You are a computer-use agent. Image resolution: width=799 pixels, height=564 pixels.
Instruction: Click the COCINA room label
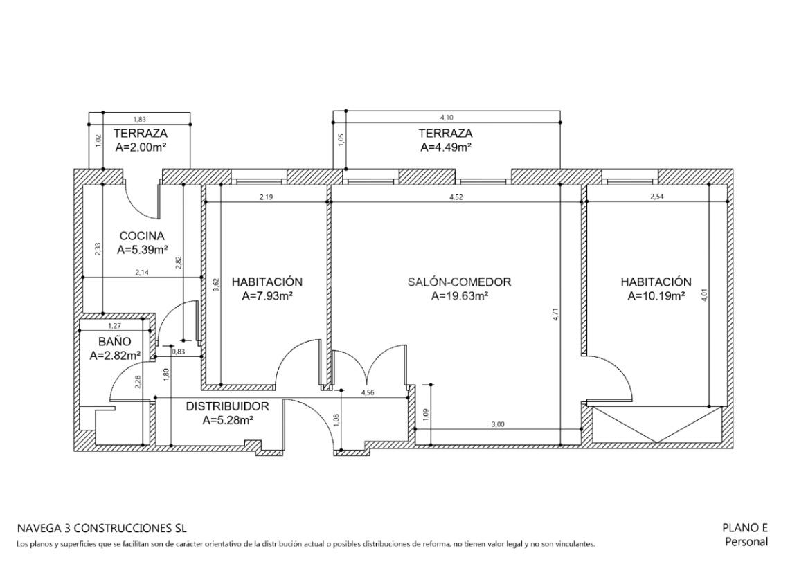[x=142, y=237]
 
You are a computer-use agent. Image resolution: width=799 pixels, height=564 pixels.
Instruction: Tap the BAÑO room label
[x=115, y=341]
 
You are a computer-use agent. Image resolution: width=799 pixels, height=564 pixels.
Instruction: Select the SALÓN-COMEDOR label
[x=459, y=282]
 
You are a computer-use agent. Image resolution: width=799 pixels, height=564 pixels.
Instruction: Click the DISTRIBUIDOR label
[x=227, y=407]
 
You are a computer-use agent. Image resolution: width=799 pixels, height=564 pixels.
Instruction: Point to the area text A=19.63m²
[x=460, y=296]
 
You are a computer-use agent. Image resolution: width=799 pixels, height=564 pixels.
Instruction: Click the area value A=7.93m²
[x=267, y=296]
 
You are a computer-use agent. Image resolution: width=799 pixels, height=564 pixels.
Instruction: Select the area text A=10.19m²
[x=656, y=296]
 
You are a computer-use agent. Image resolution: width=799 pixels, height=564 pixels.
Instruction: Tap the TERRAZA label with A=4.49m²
[x=445, y=134]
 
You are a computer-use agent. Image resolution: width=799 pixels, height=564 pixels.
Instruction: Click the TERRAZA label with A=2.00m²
[x=140, y=134]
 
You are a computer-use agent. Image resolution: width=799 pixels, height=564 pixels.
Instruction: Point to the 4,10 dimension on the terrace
[x=447, y=118]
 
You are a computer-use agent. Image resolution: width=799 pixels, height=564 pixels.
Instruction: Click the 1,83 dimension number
[x=140, y=120]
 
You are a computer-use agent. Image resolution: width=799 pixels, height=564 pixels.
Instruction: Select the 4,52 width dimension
[x=456, y=198]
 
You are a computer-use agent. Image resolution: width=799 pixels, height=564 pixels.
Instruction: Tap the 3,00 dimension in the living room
[x=498, y=424]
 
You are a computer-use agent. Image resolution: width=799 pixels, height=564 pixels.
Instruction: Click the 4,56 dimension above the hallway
[x=368, y=393]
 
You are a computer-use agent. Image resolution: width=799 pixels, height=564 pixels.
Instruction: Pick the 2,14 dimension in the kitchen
[x=142, y=273]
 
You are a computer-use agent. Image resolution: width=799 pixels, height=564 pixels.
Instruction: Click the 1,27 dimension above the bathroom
[x=115, y=326]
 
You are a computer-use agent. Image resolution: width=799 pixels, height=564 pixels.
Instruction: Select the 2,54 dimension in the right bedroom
[x=657, y=197]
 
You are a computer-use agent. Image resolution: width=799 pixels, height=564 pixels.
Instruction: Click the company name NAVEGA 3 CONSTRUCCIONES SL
[x=102, y=528]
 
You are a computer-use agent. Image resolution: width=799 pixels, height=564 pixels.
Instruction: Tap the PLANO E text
[x=745, y=528]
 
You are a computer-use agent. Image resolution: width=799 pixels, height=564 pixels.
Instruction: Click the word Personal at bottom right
[x=746, y=542]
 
